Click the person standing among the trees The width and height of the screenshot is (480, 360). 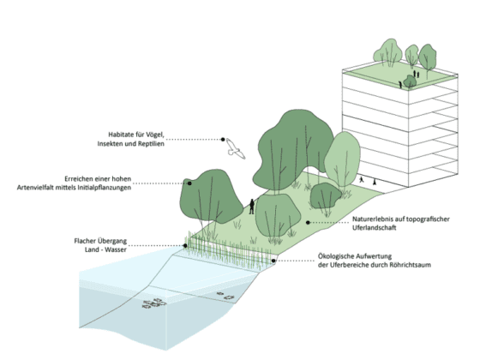252,207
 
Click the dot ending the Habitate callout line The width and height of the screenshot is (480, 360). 222,138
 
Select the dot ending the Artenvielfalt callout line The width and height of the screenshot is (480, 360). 189,182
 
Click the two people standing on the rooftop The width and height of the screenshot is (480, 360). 416,75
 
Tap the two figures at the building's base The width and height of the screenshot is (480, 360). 367,181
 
